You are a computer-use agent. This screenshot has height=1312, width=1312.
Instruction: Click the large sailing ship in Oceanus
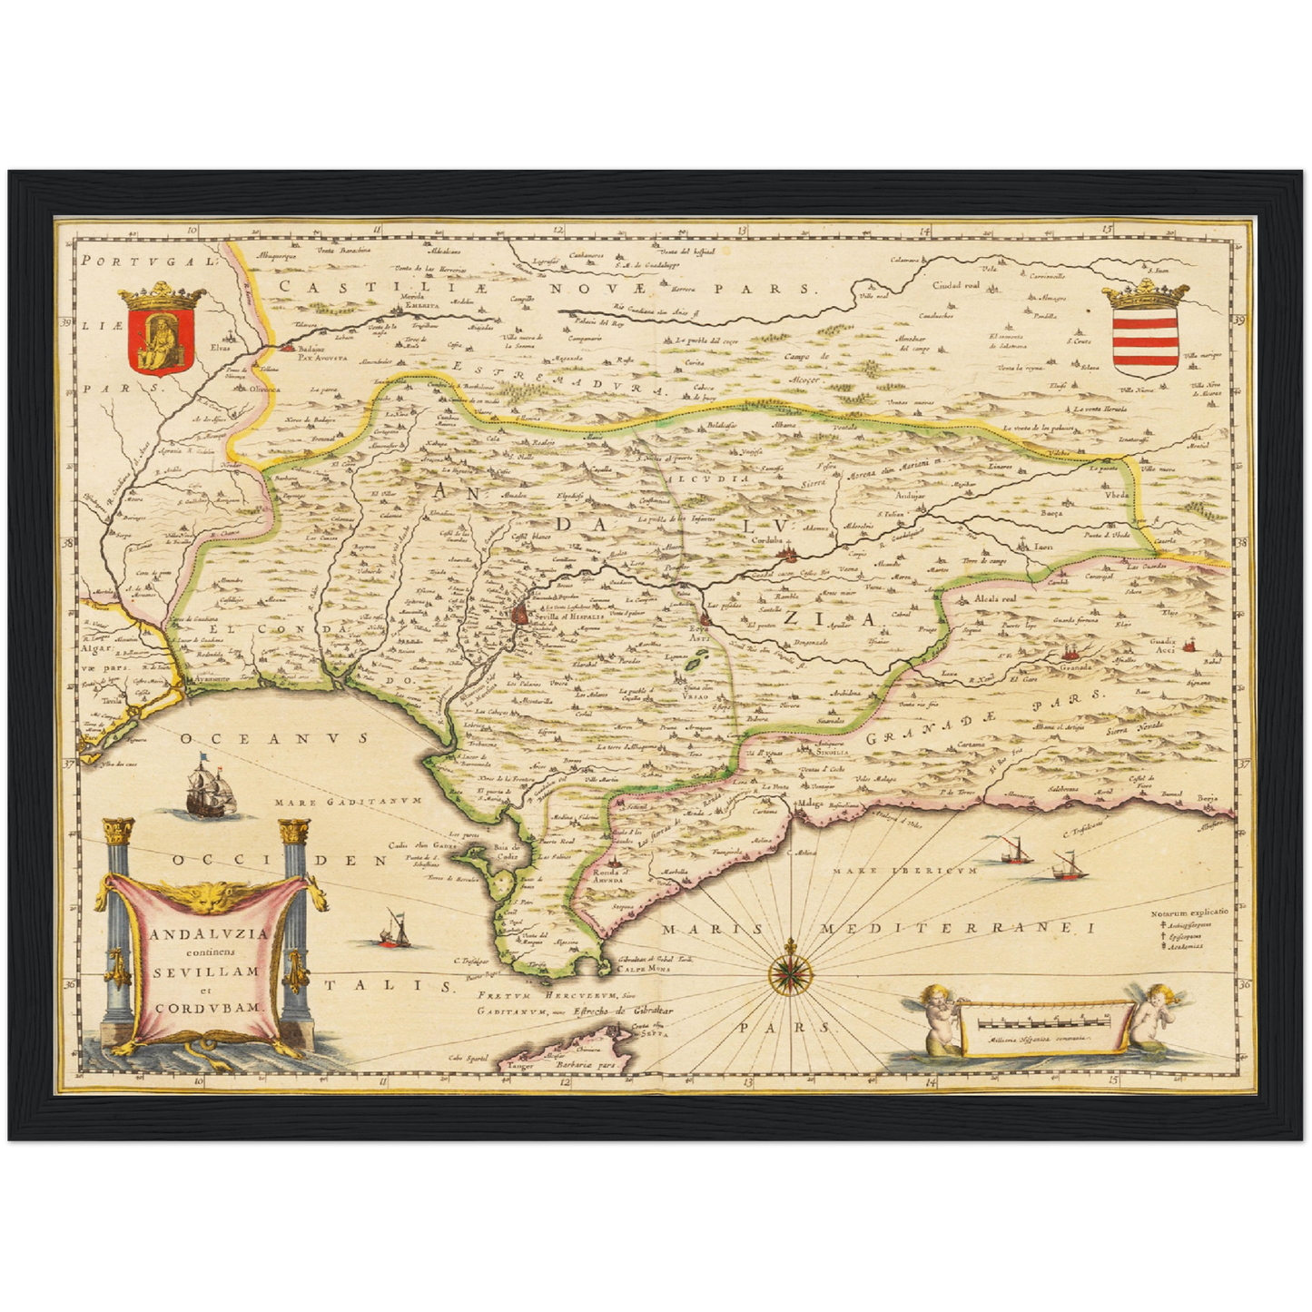[x=211, y=786]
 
